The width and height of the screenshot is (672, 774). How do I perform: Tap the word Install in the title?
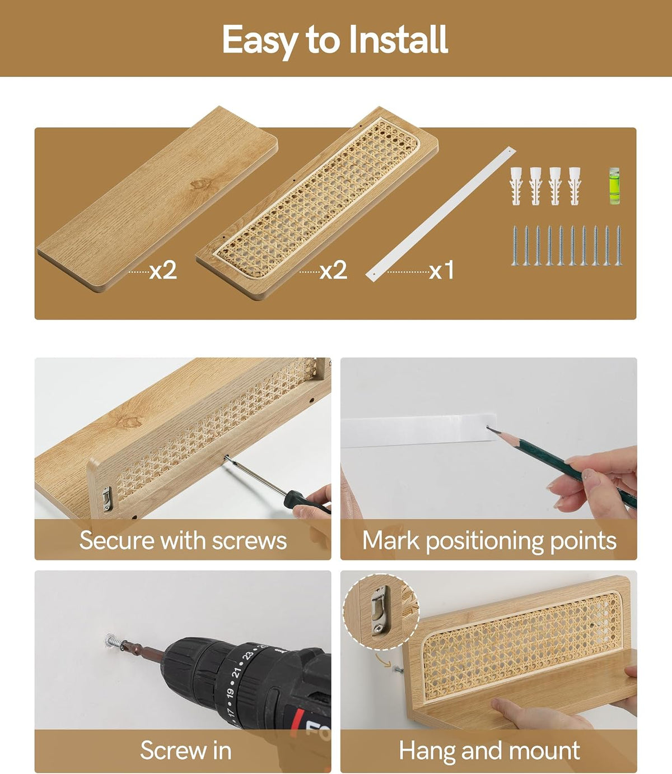tap(398, 39)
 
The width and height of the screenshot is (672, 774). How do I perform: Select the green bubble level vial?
tap(614, 186)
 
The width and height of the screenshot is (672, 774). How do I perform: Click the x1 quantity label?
tap(441, 270)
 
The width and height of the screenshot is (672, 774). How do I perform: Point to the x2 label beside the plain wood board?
tap(163, 270)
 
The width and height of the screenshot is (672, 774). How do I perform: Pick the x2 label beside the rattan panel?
tap(333, 270)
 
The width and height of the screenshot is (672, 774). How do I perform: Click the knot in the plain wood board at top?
tap(200, 184)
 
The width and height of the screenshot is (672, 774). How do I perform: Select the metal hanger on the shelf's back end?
tap(108, 498)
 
